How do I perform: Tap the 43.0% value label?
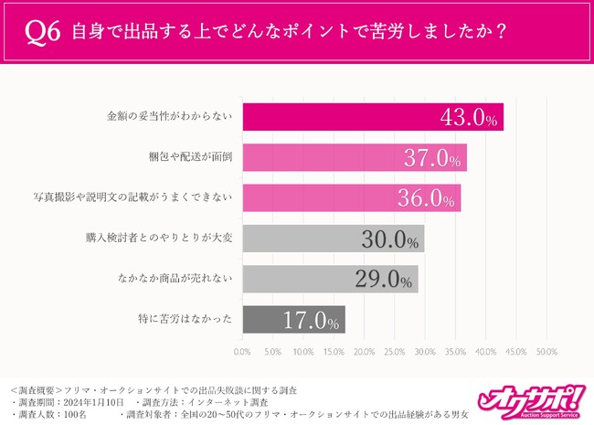coord(465,118)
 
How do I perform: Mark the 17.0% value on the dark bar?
coord(310,320)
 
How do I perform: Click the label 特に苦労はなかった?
coord(192,320)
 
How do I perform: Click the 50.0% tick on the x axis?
coord(546,351)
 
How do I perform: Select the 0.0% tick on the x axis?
coord(242,351)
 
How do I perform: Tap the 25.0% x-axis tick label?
coord(394,351)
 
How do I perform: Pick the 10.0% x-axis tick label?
coord(302,351)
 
